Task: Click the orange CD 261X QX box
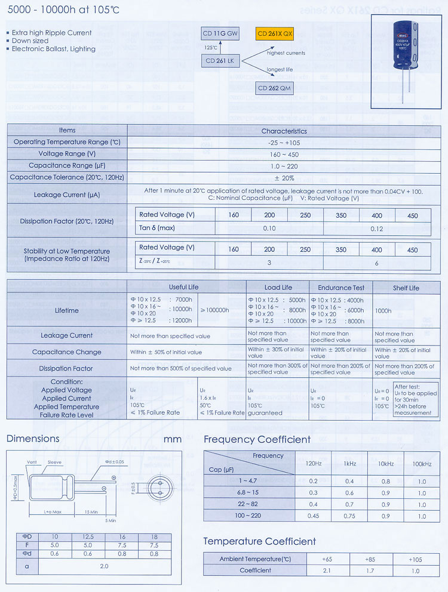tap(275, 34)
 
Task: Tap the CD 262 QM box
tap(275, 88)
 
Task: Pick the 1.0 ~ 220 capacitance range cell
tap(284, 165)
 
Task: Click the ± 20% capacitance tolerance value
tap(284, 177)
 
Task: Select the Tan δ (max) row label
tap(157, 228)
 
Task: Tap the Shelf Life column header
tap(406, 288)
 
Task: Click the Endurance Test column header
tap(340, 288)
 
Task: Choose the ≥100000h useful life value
tap(220, 310)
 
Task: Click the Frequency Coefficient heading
tap(257, 440)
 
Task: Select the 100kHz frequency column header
tap(422, 464)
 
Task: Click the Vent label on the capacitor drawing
tap(33, 462)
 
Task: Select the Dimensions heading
tap(33, 439)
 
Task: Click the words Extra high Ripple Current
tap(52, 33)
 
